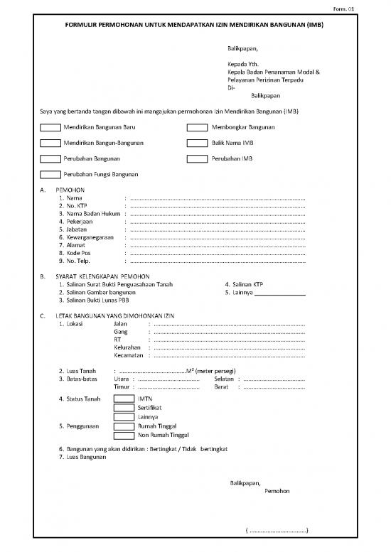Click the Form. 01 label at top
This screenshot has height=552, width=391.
373,8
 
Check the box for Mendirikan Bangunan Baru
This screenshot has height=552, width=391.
50,128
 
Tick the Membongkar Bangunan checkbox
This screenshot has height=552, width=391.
196,128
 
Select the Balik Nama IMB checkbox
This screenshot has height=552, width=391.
196,144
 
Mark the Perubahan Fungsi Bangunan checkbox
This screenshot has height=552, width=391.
50,175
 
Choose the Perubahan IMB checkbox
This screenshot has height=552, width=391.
196,159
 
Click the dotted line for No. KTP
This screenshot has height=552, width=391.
217,206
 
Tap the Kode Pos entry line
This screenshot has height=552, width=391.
217,253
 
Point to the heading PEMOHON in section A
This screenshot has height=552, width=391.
70,190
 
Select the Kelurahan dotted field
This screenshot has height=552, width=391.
229,347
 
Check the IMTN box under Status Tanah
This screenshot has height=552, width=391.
124,399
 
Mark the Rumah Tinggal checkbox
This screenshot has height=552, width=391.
124,426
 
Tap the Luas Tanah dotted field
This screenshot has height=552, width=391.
152,371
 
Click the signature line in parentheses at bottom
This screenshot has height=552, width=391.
277,530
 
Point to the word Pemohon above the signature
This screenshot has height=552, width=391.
277,490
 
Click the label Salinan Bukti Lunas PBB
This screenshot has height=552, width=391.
94,300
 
